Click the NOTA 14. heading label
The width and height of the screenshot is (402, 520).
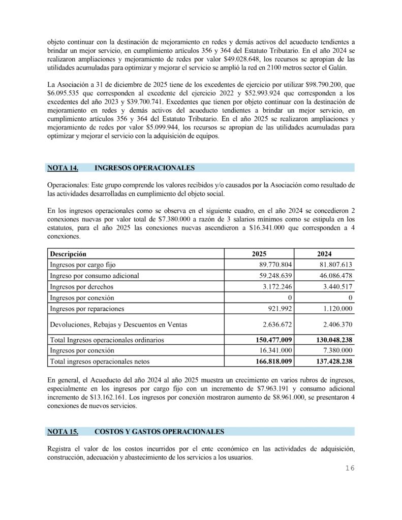63,168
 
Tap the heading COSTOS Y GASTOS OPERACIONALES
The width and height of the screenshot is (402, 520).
159,432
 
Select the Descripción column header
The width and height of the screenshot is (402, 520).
68,253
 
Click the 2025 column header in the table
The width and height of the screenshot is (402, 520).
260,253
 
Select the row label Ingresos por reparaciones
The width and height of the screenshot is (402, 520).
87,309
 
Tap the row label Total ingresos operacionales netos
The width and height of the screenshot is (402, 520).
99,362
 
